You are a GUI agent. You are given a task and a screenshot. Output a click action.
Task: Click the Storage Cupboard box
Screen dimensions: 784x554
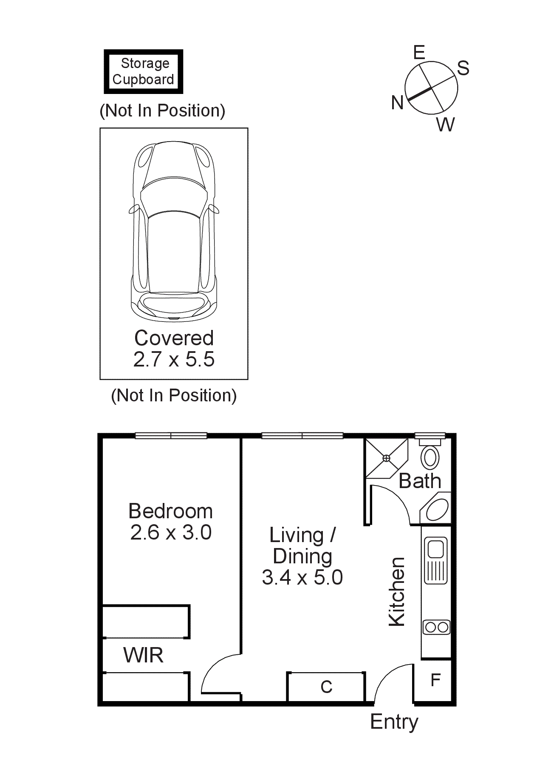(x=144, y=71)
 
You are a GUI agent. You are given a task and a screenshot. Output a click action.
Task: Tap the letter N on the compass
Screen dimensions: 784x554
(x=397, y=103)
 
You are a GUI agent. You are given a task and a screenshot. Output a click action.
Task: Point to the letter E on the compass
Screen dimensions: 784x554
(x=419, y=53)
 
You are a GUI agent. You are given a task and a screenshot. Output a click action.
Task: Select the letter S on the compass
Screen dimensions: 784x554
(x=463, y=68)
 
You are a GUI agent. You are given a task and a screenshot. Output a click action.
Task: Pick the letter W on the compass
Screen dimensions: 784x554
(x=445, y=125)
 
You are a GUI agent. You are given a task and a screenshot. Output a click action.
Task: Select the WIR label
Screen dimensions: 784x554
(x=143, y=655)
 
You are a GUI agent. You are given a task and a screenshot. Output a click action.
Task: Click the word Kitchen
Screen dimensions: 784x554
(x=397, y=592)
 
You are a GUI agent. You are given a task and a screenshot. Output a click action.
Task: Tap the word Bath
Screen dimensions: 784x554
(x=420, y=481)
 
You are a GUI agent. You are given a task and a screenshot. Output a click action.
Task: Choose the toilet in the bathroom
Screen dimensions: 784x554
(x=430, y=457)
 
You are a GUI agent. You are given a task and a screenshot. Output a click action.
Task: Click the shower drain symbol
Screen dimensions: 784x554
(x=386, y=458)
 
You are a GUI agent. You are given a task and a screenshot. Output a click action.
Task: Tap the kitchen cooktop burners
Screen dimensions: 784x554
(x=436, y=627)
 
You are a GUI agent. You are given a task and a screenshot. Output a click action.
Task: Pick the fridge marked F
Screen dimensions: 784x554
(x=435, y=680)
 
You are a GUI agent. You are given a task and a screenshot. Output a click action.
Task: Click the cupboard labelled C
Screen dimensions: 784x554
(x=326, y=687)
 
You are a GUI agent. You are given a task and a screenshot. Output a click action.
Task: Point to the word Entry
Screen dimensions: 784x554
(x=394, y=722)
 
